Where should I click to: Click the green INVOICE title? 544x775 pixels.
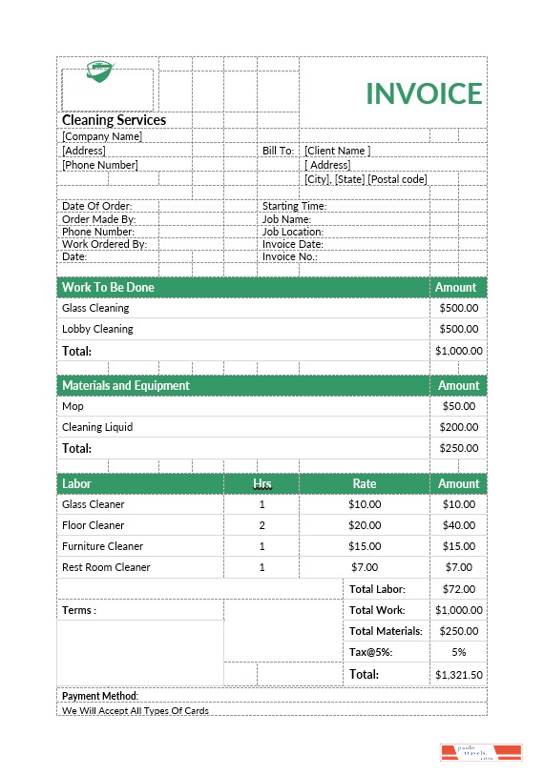pos(424,93)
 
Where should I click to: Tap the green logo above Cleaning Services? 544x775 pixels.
pos(99,71)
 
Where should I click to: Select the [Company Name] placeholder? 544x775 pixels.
pos(102,136)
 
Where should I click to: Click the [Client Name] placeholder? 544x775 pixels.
pos(337,151)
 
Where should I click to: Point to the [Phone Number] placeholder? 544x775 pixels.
pos(100,165)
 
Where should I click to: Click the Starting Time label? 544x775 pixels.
pos(294,206)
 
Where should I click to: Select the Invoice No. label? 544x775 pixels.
pos(290,256)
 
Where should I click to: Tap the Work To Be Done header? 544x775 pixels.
pos(108,287)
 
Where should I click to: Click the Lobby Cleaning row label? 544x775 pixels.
pos(97,329)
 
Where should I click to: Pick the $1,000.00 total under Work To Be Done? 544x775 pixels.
pos(459,351)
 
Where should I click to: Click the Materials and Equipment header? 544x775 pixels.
pos(125,385)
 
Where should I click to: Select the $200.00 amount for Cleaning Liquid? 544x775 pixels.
pos(459,427)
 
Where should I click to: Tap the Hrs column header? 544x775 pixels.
pos(262,484)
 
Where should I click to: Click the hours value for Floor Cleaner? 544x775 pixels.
pos(262,525)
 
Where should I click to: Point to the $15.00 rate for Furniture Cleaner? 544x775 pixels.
pos(365,546)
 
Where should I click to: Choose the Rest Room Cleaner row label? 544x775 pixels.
pos(106,567)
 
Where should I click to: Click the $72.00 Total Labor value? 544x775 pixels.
pos(459,589)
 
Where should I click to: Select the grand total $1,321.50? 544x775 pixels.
pos(459,674)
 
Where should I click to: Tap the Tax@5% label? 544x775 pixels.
pos(371,652)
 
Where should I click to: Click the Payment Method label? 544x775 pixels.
pos(100,696)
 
